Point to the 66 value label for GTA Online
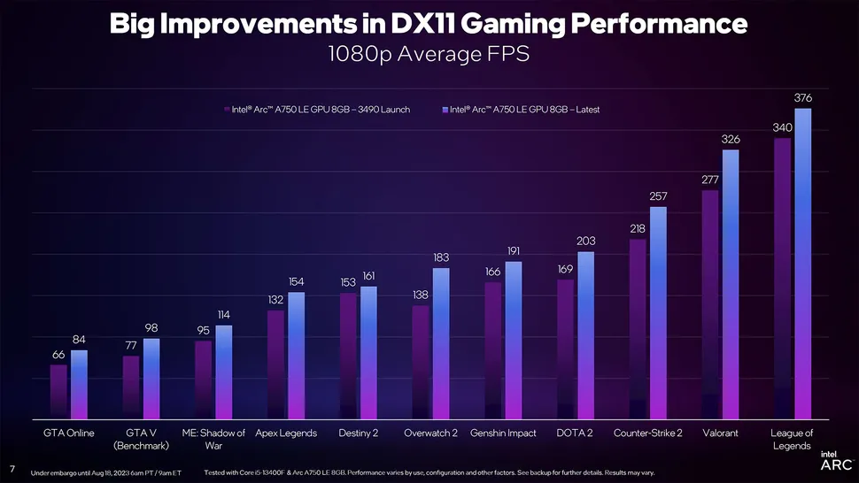tap(58, 354)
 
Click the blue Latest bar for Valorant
tap(731, 283)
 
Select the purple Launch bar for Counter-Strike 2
tap(638, 327)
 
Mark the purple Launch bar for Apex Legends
tap(275, 364)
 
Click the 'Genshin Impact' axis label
tap(504, 433)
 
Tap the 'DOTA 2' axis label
tap(576, 433)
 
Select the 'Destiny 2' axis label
tap(358, 433)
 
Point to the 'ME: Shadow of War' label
tap(213, 439)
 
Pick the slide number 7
tap(11, 468)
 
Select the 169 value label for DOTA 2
tap(566, 268)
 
